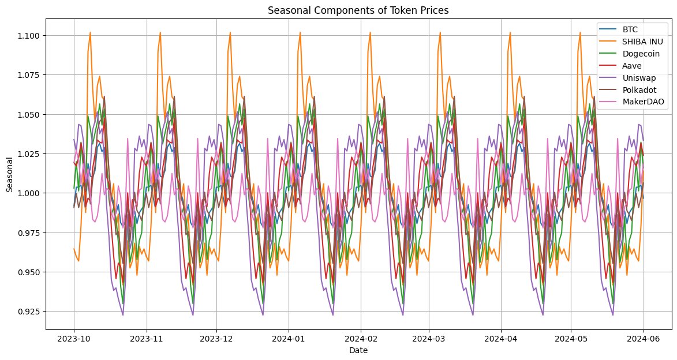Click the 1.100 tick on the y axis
pyautogui.click(x=30, y=36)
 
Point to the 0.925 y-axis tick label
pyautogui.click(x=30, y=311)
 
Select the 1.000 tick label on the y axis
pyautogui.click(x=30, y=193)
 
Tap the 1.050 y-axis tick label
pyautogui.click(x=30, y=114)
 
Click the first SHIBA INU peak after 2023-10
pyautogui.click(x=90, y=32)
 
